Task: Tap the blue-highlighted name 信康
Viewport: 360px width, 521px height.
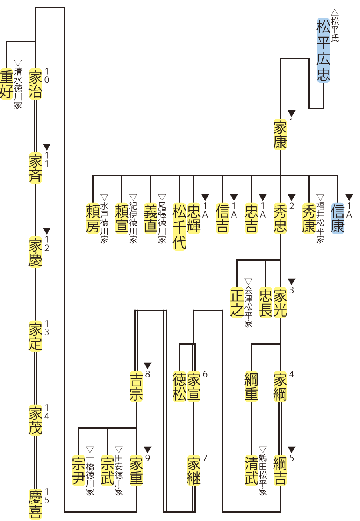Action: click(x=338, y=218)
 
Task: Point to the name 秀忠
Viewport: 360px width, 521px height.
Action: click(x=280, y=218)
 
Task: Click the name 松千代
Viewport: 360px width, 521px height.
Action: click(x=180, y=227)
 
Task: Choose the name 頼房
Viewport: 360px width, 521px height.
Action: click(x=93, y=218)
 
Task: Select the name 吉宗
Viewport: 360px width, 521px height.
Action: click(x=136, y=387)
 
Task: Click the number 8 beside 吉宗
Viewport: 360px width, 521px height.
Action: click(x=148, y=375)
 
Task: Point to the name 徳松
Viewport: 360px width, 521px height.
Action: click(x=180, y=387)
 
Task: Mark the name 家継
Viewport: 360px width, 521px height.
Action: click(x=194, y=471)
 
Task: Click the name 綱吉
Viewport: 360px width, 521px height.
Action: click(x=280, y=471)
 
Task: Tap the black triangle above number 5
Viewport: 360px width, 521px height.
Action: click(x=292, y=449)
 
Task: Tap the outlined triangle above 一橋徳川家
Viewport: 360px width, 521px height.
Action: click(x=90, y=449)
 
